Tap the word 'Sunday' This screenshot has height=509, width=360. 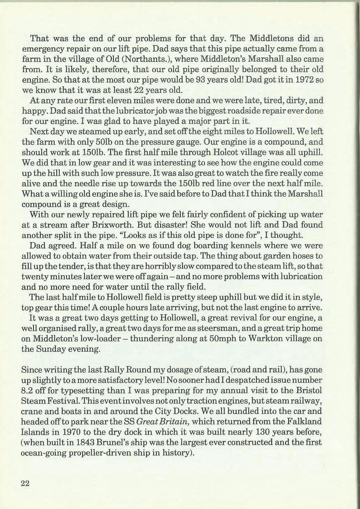tap(52, 349)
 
